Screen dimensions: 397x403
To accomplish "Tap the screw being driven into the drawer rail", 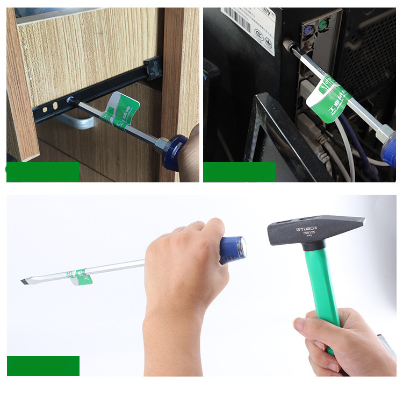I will pyautogui.click(x=70, y=100).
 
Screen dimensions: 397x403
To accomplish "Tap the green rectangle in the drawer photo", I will pyautogui.click(x=43, y=172).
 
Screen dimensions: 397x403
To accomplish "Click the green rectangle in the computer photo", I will pyautogui.click(x=240, y=172).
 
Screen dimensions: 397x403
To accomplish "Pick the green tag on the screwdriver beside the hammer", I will pyautogui.click(x=80, y=275).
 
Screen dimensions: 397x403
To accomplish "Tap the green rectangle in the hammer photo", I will pyautogui.click(x=43, y=366).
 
